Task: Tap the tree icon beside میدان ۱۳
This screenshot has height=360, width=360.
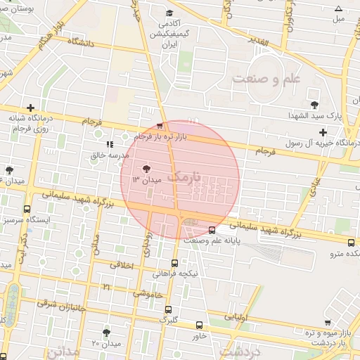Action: [x=146, y=169]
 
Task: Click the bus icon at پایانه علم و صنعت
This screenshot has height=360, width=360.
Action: [x=212, y=229]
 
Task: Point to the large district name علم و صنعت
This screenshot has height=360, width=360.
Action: [x=266, y=77]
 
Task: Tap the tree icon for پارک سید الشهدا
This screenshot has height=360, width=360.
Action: [x=314, y=95]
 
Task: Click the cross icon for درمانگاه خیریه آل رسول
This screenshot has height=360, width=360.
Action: [x=323, y=132]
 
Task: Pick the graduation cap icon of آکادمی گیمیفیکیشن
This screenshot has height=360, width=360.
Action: [x=169, y=13]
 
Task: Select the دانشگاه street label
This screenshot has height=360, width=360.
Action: [x=82, y=42]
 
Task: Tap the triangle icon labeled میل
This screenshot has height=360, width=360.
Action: [x=338, y=9]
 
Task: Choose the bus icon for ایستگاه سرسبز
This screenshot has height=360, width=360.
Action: [x=27, y=209]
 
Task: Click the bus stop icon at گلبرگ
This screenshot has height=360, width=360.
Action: [x=168, y=309]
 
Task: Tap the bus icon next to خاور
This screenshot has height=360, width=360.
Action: [x=199, y=325]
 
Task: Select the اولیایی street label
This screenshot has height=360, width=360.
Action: [x=235, y=317]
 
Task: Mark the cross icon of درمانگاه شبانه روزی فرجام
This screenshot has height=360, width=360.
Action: [x=30, y=108]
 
